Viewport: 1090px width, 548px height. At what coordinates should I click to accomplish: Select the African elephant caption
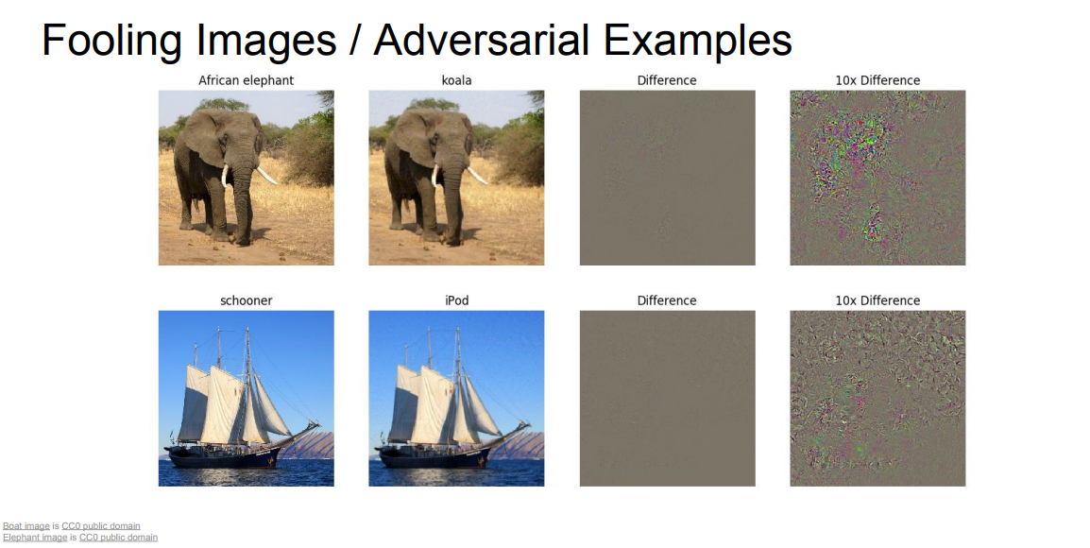pos(247,80)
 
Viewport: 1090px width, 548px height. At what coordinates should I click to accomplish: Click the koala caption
pos(457,80)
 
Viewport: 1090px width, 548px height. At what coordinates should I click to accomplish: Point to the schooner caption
pos(247,300)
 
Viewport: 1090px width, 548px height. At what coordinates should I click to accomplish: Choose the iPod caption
pos(457,300)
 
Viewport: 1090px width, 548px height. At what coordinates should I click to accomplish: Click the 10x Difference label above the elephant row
pos(877,80)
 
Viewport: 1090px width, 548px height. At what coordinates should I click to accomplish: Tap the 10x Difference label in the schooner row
pos(877,300)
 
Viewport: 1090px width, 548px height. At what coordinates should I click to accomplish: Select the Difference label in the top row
pos(667,80)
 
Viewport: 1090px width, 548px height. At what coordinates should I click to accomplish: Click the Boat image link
pos(26,525)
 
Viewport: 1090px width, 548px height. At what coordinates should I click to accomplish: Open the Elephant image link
pos(36,537)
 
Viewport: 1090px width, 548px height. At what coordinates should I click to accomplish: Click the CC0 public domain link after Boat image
pos(101,525)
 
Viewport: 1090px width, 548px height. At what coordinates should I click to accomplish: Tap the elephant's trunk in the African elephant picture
pos(243,201)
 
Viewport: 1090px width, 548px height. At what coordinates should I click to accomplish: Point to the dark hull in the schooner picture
pos(223,457)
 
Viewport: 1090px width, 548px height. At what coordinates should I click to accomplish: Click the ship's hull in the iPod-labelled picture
pos(434,457)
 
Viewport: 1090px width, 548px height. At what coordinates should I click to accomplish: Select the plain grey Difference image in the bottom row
pos(668,399)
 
